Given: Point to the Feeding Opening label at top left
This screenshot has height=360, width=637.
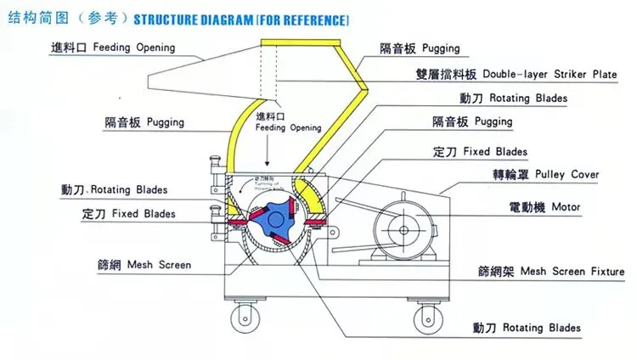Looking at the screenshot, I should (x=132, y=48).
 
